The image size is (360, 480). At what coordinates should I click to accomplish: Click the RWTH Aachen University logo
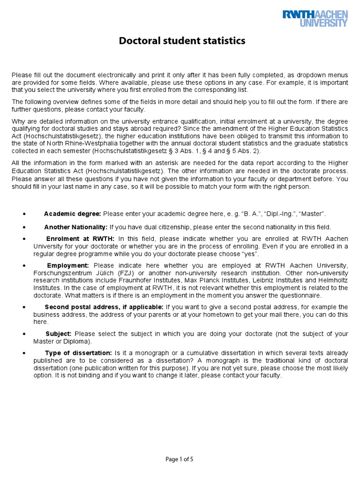coord(315,19)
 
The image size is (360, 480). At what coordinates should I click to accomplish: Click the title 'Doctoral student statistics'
coord(182,41)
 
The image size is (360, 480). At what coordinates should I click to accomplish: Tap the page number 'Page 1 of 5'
coord(180,459)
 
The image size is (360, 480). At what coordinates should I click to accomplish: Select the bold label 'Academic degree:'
coord(73,214)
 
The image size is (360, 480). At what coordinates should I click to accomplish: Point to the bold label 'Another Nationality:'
coord(76,227)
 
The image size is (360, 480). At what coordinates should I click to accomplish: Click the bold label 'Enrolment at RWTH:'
coord(80,239)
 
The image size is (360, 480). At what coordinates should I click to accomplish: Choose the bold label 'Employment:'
coord(68,265)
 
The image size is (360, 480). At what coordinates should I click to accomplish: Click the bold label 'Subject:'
coord(59,334)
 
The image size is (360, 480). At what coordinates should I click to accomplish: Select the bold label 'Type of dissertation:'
coord(78,352)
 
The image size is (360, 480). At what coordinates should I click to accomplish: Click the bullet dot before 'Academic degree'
coord(24,214)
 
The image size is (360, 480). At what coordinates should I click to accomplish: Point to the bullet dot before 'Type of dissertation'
coord(24,353)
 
